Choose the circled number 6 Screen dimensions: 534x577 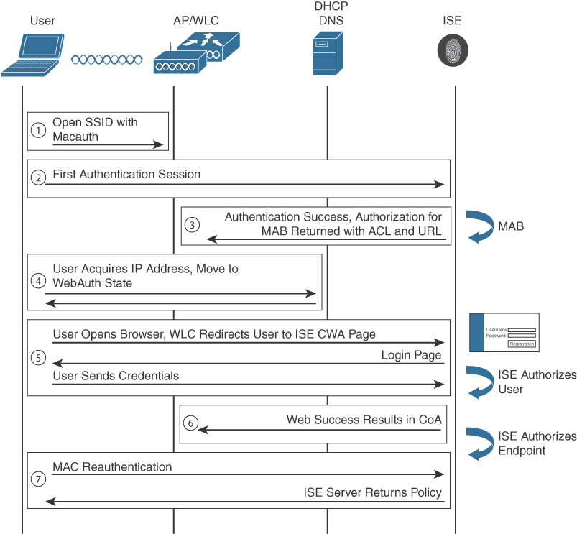(x=190, y=423)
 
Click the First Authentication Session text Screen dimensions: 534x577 (x=126, y=175)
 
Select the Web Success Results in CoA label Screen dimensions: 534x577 (x=362, y=420)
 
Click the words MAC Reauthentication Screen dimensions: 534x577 (x=112, y=467)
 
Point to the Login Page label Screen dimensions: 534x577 (x=411, y=356)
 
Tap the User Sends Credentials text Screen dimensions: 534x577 (x=116, y=376)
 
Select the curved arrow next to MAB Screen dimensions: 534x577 (x=477, y=226)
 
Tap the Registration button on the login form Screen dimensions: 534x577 (x=522, y=344)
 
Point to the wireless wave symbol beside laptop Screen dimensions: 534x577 (x=106, y=60)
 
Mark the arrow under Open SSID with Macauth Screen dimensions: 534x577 (x=109, y=144)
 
